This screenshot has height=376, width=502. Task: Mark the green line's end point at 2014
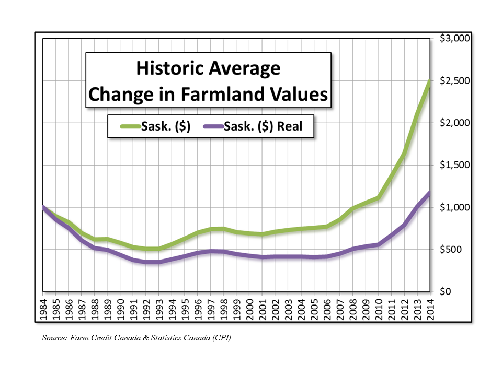429,81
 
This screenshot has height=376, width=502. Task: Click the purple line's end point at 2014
429,193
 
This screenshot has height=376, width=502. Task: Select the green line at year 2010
378,197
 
